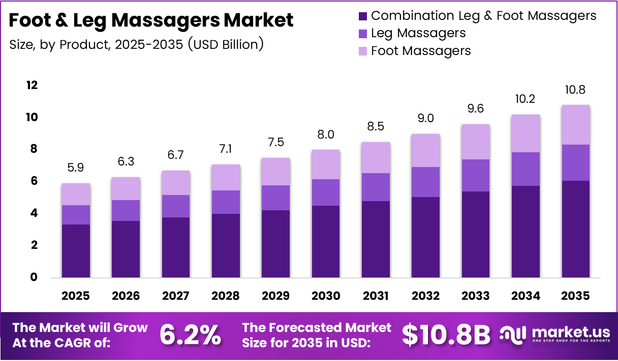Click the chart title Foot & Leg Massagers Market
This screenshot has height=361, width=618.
tap(151, 20)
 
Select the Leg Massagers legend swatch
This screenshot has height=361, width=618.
tap(363, 34)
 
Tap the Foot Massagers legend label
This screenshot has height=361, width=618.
tap(421, 51)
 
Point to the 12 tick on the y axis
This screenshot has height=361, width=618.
tap(32, 85)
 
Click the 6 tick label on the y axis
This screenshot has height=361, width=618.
tap(34, 181)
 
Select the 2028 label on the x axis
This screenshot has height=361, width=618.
tap(226, 296)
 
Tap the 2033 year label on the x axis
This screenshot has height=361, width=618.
tap(476, 296)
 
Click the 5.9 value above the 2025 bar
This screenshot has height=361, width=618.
tap(76, 167)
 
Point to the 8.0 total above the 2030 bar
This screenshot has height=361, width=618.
tap(326, 134)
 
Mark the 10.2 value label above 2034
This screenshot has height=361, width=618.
tap(526, 99)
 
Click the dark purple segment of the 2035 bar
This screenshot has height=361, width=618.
tap(575, 229)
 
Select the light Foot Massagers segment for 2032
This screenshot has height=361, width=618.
tap(426, 150)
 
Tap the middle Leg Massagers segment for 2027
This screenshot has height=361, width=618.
tap(176, 206)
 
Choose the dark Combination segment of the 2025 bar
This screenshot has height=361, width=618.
tap(76, 251)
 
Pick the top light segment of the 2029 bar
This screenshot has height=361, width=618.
tap(276, 172)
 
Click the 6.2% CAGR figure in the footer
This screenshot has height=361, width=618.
tap(191, 335)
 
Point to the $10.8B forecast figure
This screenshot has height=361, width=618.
tap(446, 335)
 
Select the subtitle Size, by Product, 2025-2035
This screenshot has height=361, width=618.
tap(136, 44)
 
